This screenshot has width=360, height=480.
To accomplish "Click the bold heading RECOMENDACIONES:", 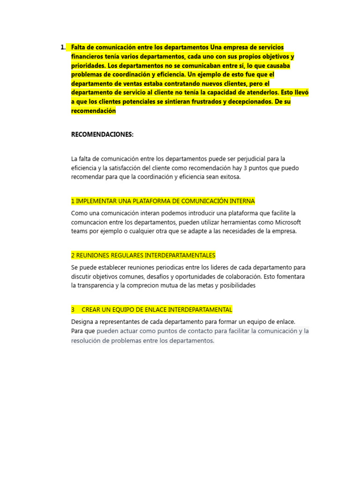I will coord(102,135).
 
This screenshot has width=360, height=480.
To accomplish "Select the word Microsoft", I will coord(288,222).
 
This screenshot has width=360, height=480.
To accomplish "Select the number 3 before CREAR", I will coord(73,310).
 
